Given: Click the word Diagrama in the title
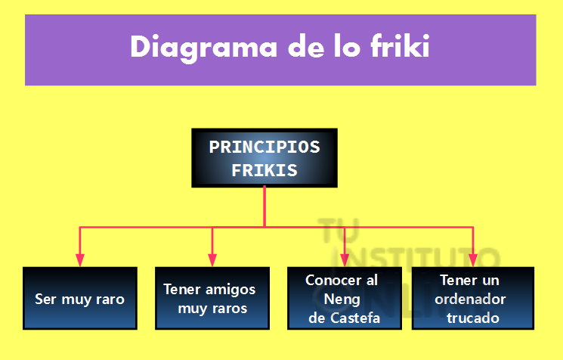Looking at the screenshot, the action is pyautogui.click(x=203, y=48).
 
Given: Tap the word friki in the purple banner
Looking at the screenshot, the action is pyautogui.click(x=401, y=45).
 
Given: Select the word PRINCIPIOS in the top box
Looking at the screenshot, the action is pyautogui.click(x=264, y=147).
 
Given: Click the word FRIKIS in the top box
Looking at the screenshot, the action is pyautogui.click(x=264, y=170).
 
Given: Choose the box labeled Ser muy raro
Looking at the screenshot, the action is pyautogui.click(x=80, y=298).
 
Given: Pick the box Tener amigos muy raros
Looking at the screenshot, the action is pyautogui.click(x=212, y=298).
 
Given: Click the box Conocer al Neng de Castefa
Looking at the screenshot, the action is pyautogui.click(x=345, y=298).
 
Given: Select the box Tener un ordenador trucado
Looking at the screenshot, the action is pyautogui.click(x=473, y=298).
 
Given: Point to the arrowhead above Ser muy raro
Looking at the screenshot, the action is pyautogui.click(x=80, y=260).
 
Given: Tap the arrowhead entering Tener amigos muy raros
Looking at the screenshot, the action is pyautogui.click(x=212, y=260).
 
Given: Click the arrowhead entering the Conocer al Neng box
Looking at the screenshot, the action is pyautogui.click(x=345, y=260).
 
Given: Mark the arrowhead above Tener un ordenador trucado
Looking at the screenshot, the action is pyautogui.click(x=473, y=260).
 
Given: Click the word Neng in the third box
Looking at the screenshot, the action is pyautogui.click(x=342, y=299).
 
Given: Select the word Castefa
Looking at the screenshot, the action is pyautogui.click(x=355, y=318).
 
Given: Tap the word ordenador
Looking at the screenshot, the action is pyautogui.click(x=470, y=299).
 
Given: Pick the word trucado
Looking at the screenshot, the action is pyautogui.click(x=473, y=318).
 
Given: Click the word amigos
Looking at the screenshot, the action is pyautogui.click(x=230, y=290).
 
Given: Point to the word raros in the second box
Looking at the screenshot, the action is pyautogui.click(x=229, y=309).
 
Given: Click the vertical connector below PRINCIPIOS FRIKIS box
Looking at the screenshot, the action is pyautogui.click(x=264, y=206).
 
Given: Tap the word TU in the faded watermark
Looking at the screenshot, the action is pyautogui.click(x=339, y=230).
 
